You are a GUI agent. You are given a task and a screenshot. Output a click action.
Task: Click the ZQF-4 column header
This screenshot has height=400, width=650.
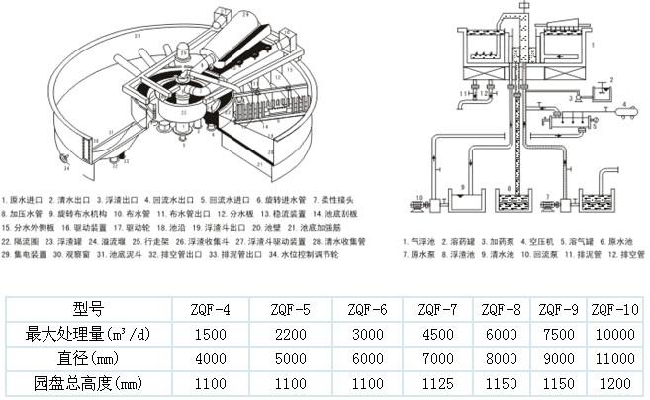point(215,308)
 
